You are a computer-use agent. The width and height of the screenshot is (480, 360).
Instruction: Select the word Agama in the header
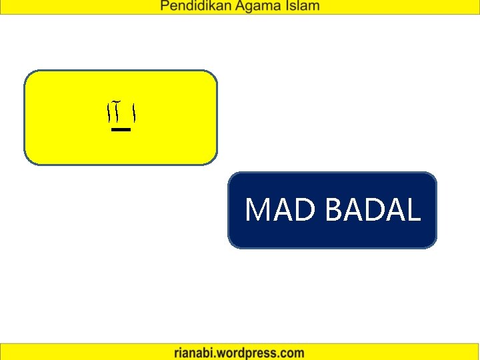255,7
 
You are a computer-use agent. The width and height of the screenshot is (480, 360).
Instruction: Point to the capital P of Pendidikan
164,7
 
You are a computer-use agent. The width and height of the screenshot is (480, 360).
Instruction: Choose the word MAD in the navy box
281,209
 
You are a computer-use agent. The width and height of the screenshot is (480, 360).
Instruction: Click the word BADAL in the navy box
373,209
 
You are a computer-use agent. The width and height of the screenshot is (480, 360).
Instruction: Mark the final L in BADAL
413,209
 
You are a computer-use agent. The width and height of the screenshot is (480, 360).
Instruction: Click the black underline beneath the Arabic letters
121,130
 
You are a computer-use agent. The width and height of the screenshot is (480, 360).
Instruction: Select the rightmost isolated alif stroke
135,115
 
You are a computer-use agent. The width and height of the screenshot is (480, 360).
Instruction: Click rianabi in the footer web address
195,353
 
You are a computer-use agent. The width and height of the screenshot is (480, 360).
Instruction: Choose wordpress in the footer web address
248,353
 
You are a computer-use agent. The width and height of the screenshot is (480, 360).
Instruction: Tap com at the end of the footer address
292,353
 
